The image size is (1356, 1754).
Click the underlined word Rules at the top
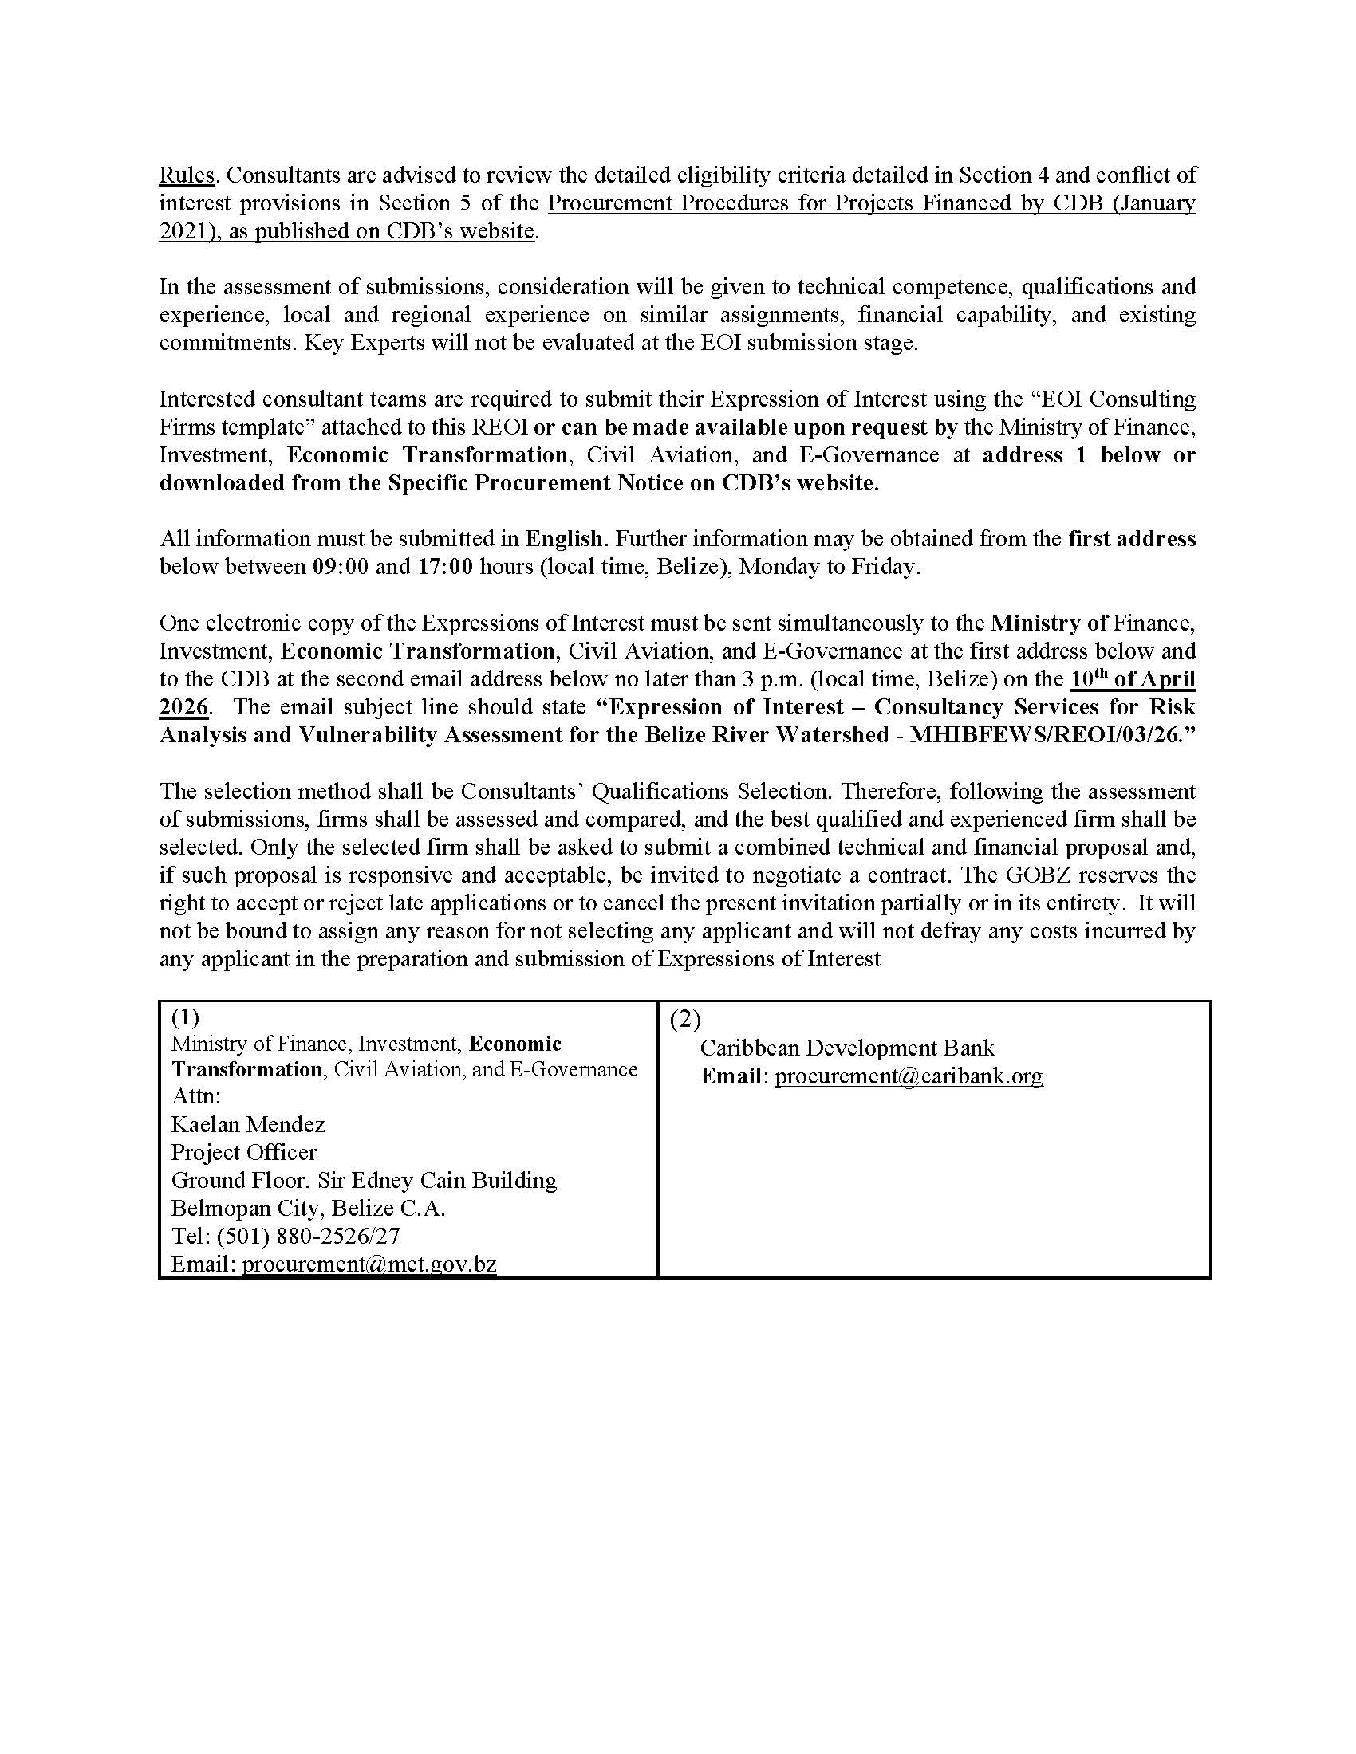click(186, 175)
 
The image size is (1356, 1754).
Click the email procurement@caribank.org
click(908, 1076)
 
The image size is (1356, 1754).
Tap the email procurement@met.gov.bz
click(369, 1264)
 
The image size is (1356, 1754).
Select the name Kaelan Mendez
click(247, 1124)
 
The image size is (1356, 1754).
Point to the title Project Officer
click(243, 1153)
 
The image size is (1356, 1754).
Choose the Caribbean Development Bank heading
click(846, 1048)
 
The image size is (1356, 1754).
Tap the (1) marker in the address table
click(186, 1017)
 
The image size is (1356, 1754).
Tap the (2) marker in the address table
click(684, 1019)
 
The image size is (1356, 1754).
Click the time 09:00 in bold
click(341, 567)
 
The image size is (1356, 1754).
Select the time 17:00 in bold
click(445, 567)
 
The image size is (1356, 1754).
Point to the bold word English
click(564, 539)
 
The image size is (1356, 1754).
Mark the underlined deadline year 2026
click(184, 707)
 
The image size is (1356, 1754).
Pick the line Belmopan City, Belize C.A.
click(308, 1208)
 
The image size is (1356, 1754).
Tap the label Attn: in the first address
click(196, 1096)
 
